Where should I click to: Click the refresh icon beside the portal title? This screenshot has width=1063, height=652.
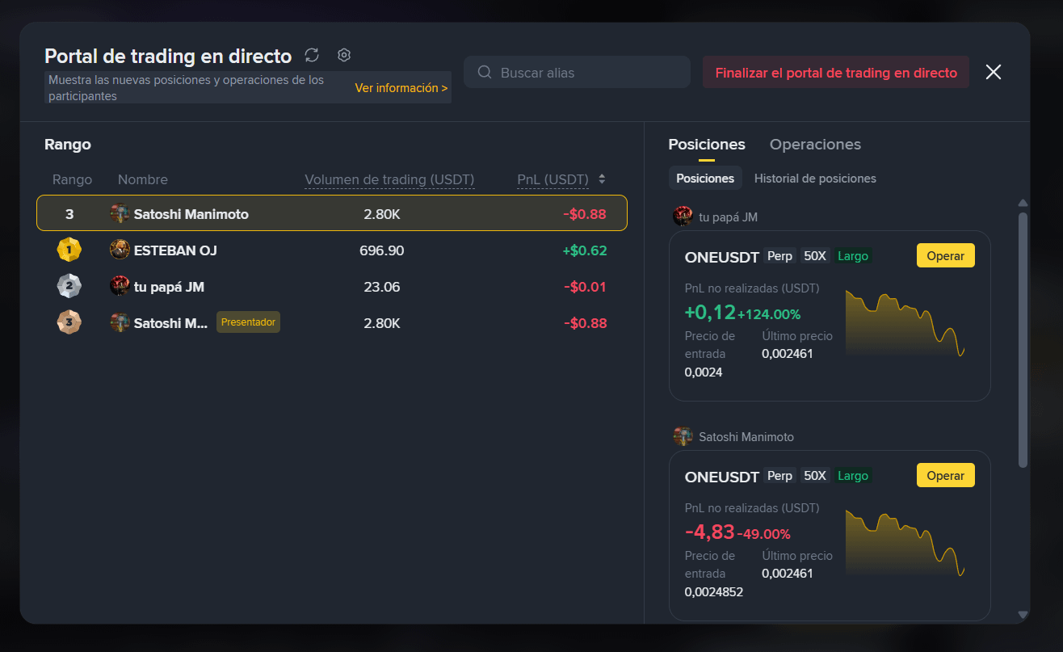click(x=312, y=56)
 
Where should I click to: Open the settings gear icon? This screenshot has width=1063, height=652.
click(x=344, y=55)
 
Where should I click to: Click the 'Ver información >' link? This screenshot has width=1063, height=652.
click(x=401, y=88)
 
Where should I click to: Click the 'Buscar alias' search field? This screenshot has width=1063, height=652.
click(x=577, y=72)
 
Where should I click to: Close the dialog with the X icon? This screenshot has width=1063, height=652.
click(x=994, y=72)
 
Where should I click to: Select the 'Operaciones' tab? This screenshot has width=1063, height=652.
click(x=815, y=145)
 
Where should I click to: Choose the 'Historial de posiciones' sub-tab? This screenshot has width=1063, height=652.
click(x=815, y=179)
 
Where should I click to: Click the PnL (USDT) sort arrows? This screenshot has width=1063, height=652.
click(x=602, y=179)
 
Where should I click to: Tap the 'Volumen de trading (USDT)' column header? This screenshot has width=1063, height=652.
click(x=389, y=179)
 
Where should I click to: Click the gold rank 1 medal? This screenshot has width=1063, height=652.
click(x=69, y=250)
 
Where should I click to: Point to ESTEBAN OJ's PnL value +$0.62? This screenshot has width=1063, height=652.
click(x=585, y=250)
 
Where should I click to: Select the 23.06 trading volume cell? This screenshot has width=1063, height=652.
click(x=381, y=287)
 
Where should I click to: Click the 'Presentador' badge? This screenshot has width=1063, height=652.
click(x=248, y=322)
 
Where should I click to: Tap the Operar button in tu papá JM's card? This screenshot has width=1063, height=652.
click(x=945, y=256)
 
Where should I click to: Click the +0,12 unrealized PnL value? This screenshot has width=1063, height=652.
click(x=710, y=312)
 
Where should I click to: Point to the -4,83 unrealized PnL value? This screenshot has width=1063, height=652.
click(x=709, y=532)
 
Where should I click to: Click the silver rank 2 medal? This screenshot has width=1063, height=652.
click(x=69, y=286)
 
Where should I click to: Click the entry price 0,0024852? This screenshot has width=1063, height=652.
click(x=713, y=591)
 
